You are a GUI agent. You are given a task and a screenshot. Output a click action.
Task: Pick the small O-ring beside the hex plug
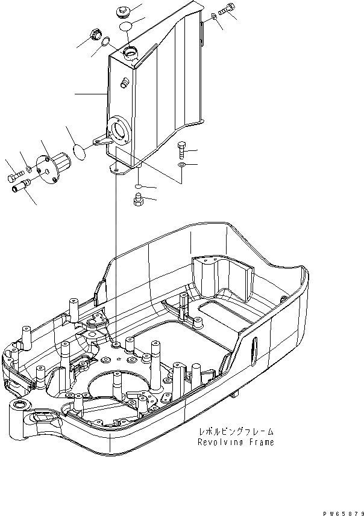pyautogui.click(x=105, y=41)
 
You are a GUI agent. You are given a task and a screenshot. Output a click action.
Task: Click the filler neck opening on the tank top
pyautogui.click(x=130, y=54)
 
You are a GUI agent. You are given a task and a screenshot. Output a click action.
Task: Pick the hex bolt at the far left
pyautogui.click(x=14, y=178)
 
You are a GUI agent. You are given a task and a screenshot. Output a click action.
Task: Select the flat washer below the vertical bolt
pyautogui.click(x=182, y=164)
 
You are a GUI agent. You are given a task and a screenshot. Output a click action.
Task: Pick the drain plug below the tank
pyautogui.click(x=137, y=200)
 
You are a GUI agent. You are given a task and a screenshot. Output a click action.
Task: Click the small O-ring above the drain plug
pyautogui.click(x=138, y=186)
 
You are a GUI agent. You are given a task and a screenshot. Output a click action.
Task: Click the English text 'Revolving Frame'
pyautogui.click(x=236, y=442)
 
